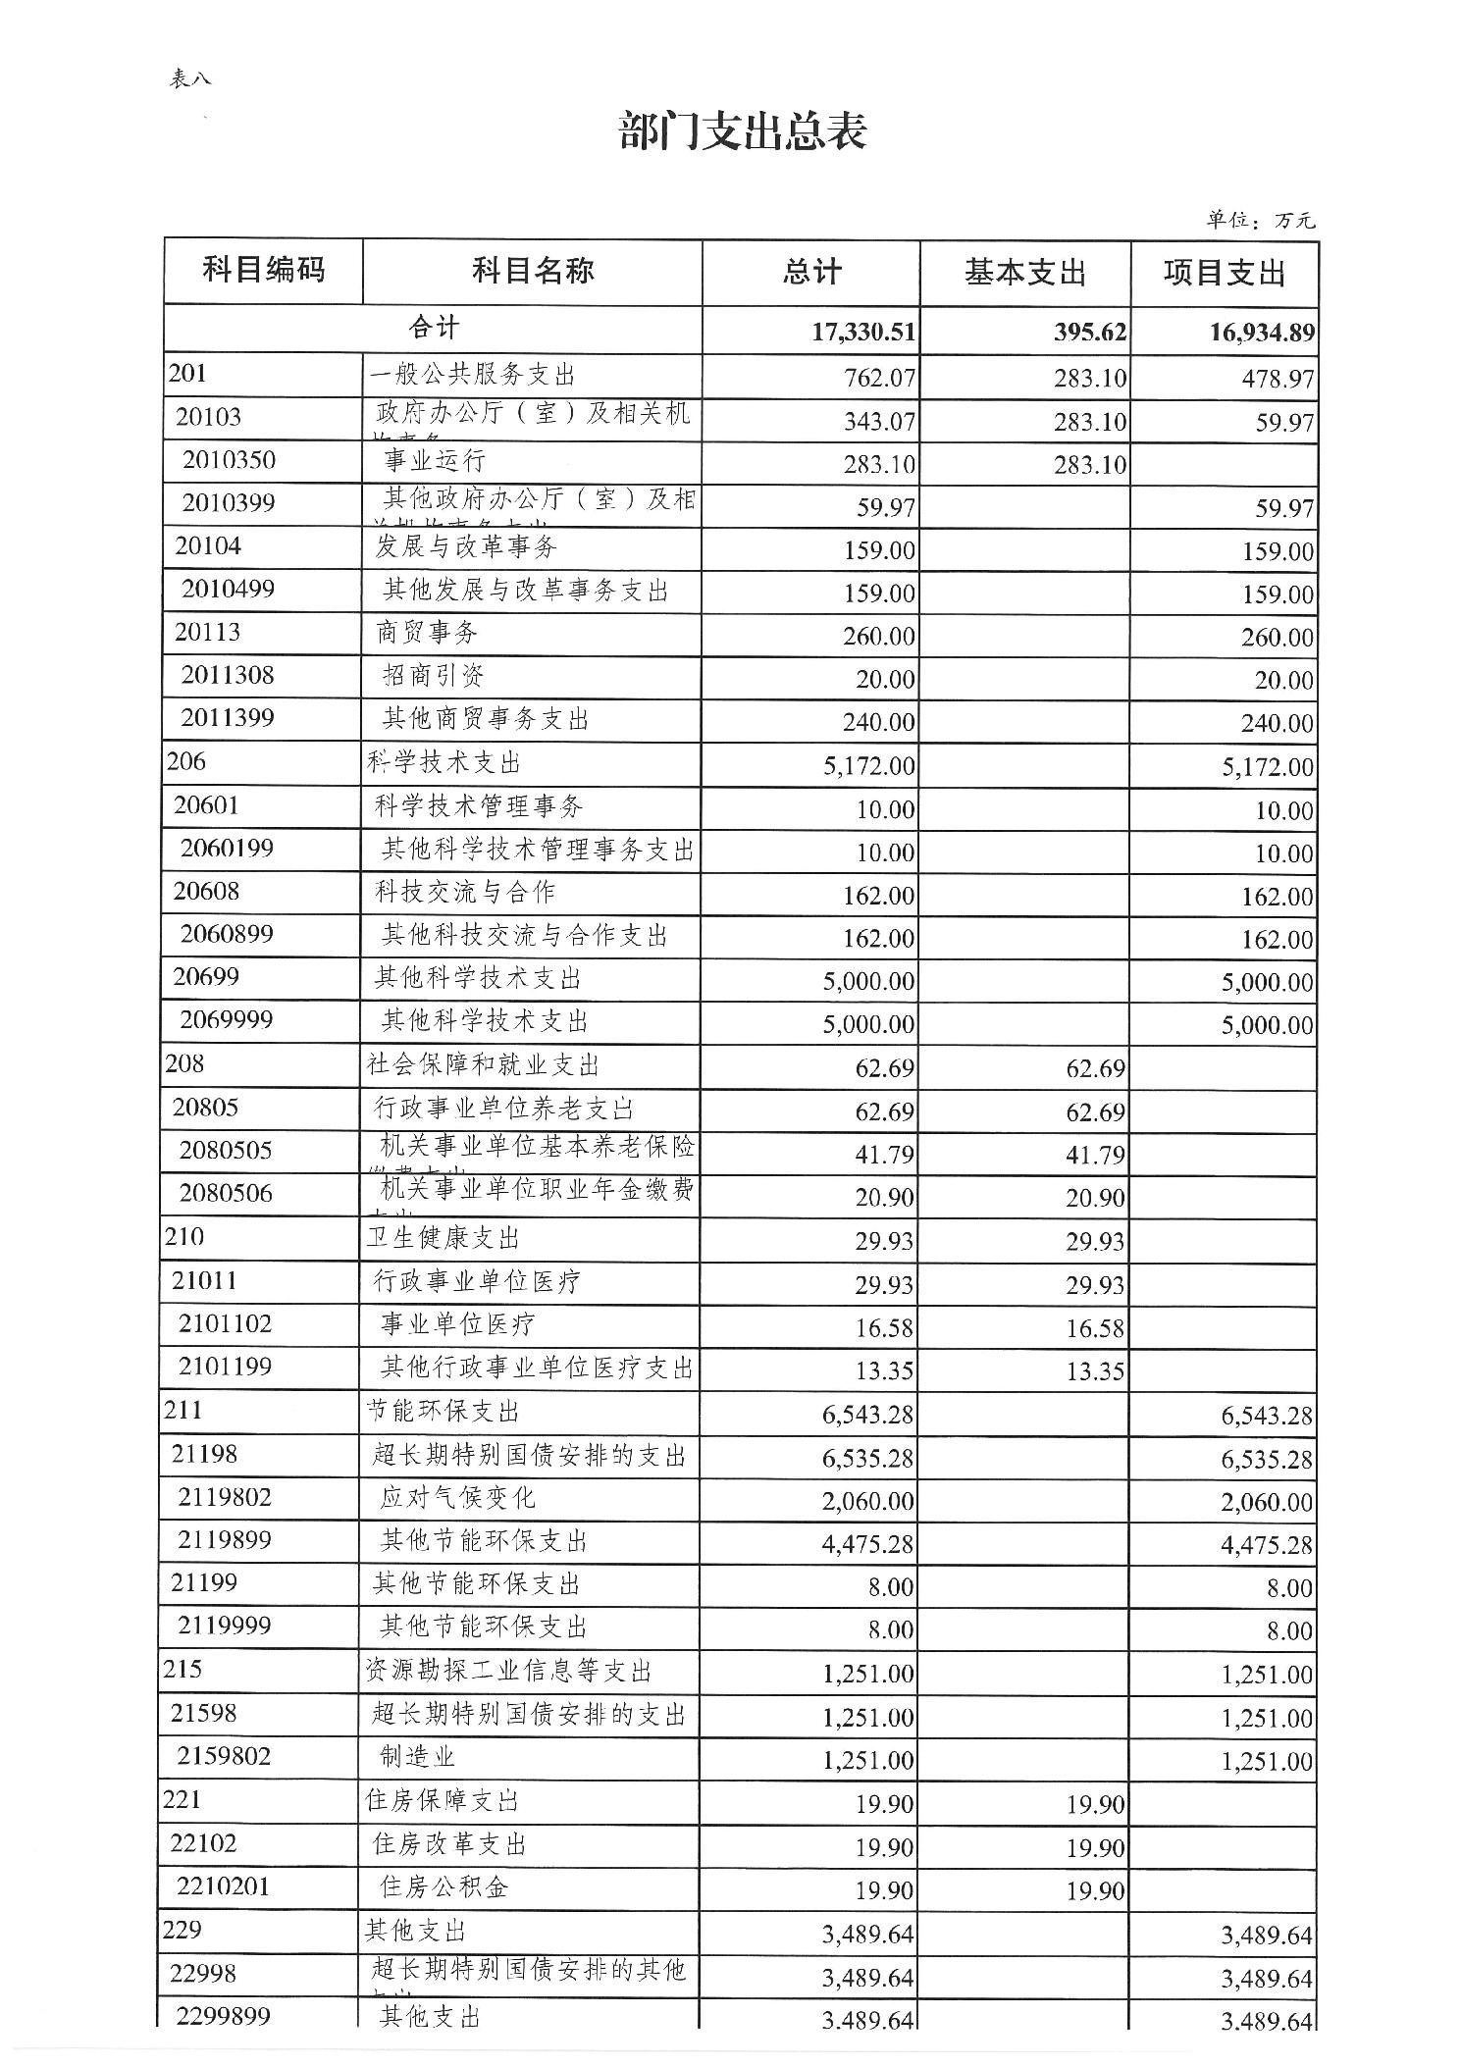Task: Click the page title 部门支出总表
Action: point(743,132)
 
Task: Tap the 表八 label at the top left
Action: point(190,79)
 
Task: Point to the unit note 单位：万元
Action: point(1260,221)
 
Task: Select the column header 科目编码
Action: point(263,270)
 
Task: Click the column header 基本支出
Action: point(1024,273)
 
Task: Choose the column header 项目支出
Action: point(1224,274)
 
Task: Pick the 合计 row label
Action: point(433,329)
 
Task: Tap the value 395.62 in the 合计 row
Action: point(1090,333)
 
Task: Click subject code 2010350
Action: point(229,460)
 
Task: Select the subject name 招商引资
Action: point(433,676)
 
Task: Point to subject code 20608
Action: point(206,891)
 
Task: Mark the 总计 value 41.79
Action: point(884,1155)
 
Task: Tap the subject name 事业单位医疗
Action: point(458,1325)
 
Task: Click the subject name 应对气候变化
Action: point(458,1498)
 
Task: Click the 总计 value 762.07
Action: point(879,378)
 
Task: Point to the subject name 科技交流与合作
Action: point(465,892)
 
